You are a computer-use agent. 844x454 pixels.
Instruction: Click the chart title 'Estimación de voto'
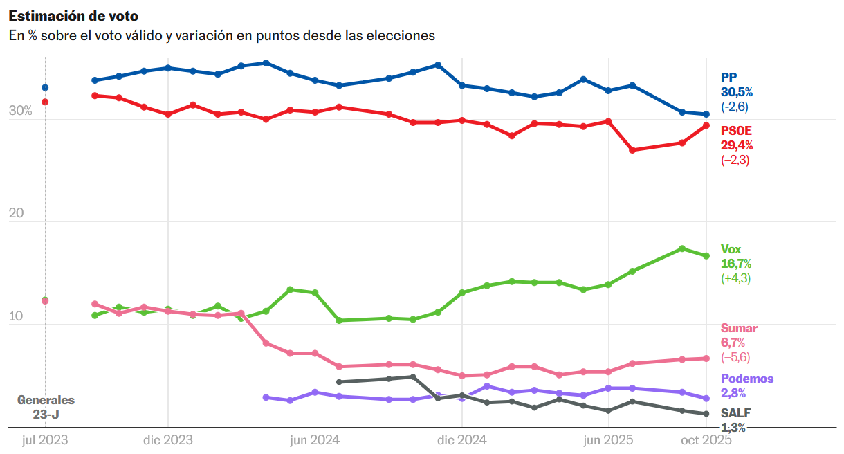tap(73, 16)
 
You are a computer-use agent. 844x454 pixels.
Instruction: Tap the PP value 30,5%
tap(737, 92)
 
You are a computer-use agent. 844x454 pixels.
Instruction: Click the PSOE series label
tap(736, 130)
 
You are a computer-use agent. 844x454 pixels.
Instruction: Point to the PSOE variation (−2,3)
tap(735, 160)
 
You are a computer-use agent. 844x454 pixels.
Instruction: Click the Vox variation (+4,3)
tap(735, 278)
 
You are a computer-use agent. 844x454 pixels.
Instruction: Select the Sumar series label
tap(739, 328)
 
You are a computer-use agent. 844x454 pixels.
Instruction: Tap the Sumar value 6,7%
tap(733, 343)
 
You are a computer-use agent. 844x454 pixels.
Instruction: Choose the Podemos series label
tap(747, 379)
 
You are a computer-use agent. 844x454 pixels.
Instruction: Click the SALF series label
tap(735, 413)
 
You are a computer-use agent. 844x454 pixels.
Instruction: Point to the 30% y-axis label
tap(20, 111)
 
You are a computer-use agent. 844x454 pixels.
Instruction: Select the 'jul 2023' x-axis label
tap(45, 439)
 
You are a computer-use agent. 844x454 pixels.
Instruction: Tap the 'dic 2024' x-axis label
tap(461, 439)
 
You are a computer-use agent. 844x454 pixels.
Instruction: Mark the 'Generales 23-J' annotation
tap(46, 407)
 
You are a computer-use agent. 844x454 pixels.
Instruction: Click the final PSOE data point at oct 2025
tap(706, 125)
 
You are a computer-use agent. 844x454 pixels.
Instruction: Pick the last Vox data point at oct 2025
tap(706, 256)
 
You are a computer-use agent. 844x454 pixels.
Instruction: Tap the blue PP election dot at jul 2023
tap(45, 87)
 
